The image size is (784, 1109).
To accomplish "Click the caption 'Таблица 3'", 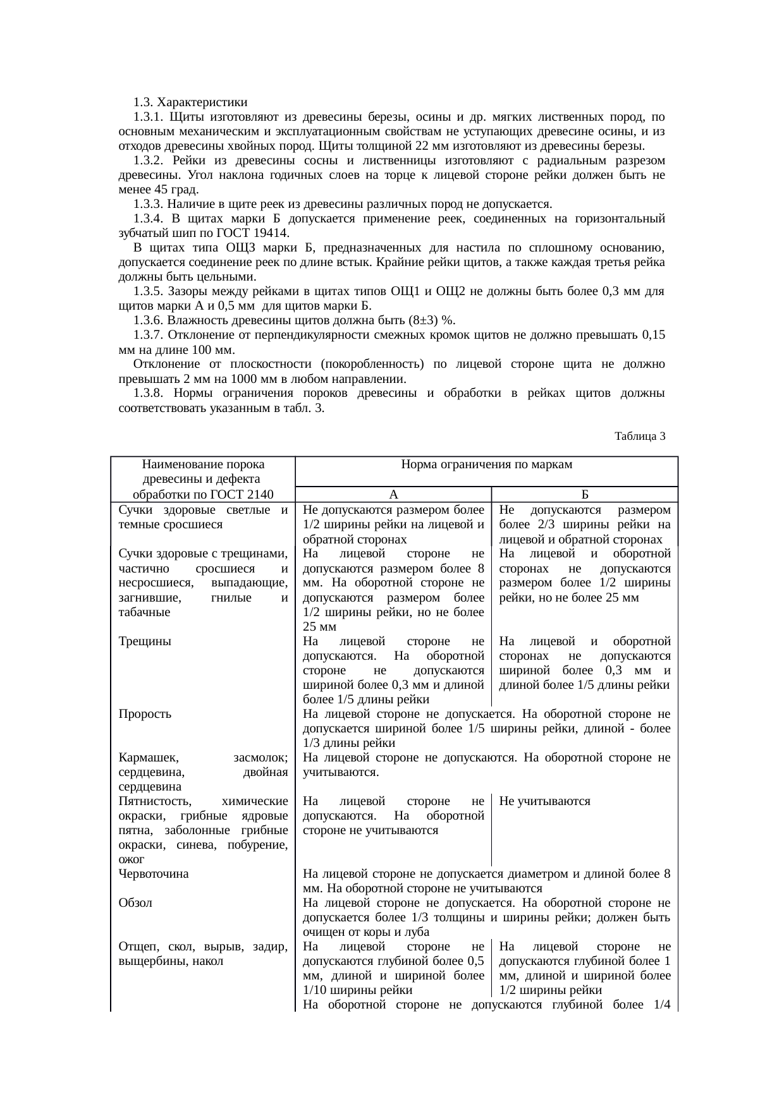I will [639, 436].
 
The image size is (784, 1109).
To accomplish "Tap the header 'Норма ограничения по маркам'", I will [486, 465].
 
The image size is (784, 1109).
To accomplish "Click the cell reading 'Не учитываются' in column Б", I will [544, 801].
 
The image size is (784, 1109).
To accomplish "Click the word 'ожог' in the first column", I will [131, 859].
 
